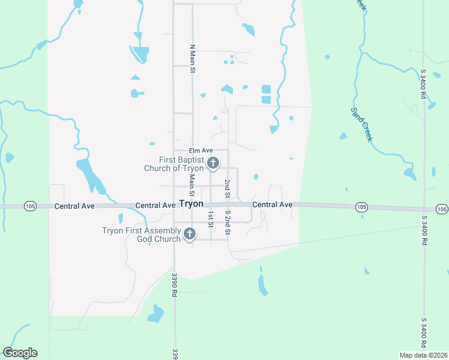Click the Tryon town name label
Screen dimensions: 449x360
pos(191,204)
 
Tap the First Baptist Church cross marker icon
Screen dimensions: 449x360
pos(212,163)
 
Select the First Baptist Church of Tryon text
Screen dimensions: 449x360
pos(173,164)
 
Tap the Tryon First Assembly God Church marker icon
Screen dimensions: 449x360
pos(190,234)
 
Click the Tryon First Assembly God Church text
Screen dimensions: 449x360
pos(142,235)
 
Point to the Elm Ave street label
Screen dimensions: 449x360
pos(200,150)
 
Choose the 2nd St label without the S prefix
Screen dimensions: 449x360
pos(228,188)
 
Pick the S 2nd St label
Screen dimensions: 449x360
pos(228,222)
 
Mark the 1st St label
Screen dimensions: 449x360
pos(211,219)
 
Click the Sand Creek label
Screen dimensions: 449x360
pos(361,124)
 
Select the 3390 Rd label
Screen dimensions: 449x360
pos(175,286)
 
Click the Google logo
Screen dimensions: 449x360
pos(20,353)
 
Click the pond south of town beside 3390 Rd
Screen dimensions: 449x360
pos(155,313)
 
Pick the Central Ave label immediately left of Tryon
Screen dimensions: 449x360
pos(155,205)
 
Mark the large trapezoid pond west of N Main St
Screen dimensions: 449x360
pos(140,54)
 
